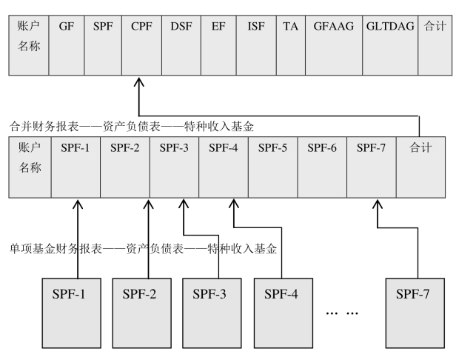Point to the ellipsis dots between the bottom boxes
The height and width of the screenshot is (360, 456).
(x=342, y=313)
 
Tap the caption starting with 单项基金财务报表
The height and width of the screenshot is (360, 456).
(x=143, y=250)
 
